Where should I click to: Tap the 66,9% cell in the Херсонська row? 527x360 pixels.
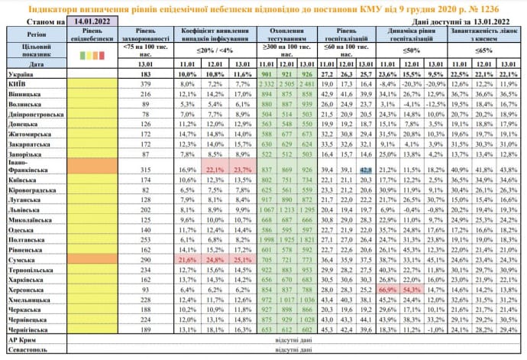(388, 291)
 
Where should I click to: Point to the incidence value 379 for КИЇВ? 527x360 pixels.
(139, 84)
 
